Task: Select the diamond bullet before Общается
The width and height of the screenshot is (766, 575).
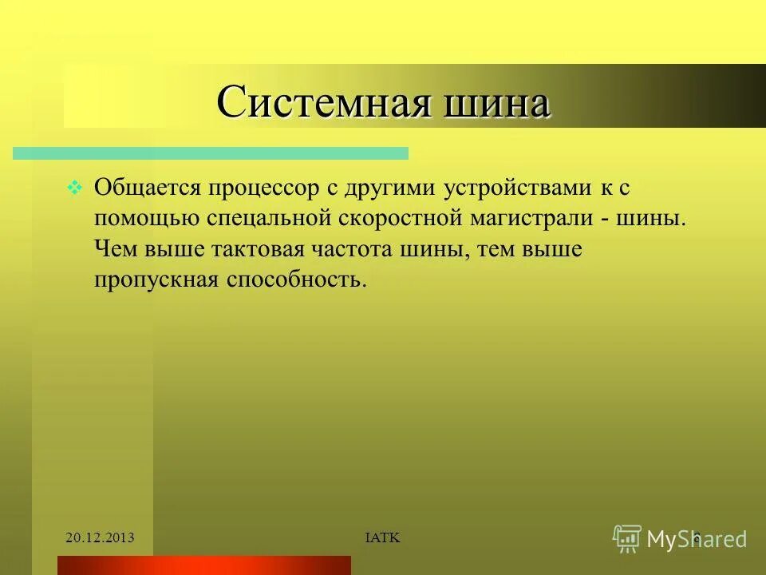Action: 73,188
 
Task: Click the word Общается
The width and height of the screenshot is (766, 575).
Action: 148,188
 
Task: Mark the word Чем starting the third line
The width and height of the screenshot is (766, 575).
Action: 116,250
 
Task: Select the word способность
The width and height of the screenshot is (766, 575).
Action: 295,280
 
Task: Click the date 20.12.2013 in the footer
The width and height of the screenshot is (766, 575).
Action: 100,538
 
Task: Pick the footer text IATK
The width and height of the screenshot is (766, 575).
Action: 382,538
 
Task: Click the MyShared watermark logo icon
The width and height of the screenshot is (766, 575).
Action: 627,538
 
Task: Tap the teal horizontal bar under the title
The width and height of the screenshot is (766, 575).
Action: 211,153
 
